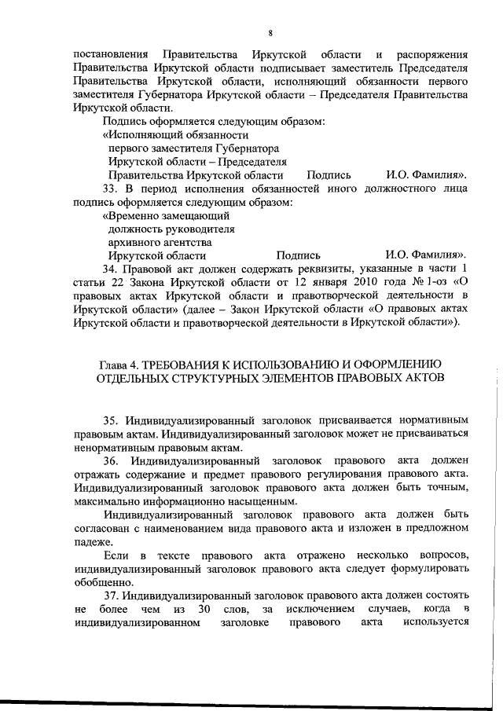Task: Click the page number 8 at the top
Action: (270, 33)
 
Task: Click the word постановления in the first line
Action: (111, 54)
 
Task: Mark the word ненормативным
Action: (113, 446)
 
